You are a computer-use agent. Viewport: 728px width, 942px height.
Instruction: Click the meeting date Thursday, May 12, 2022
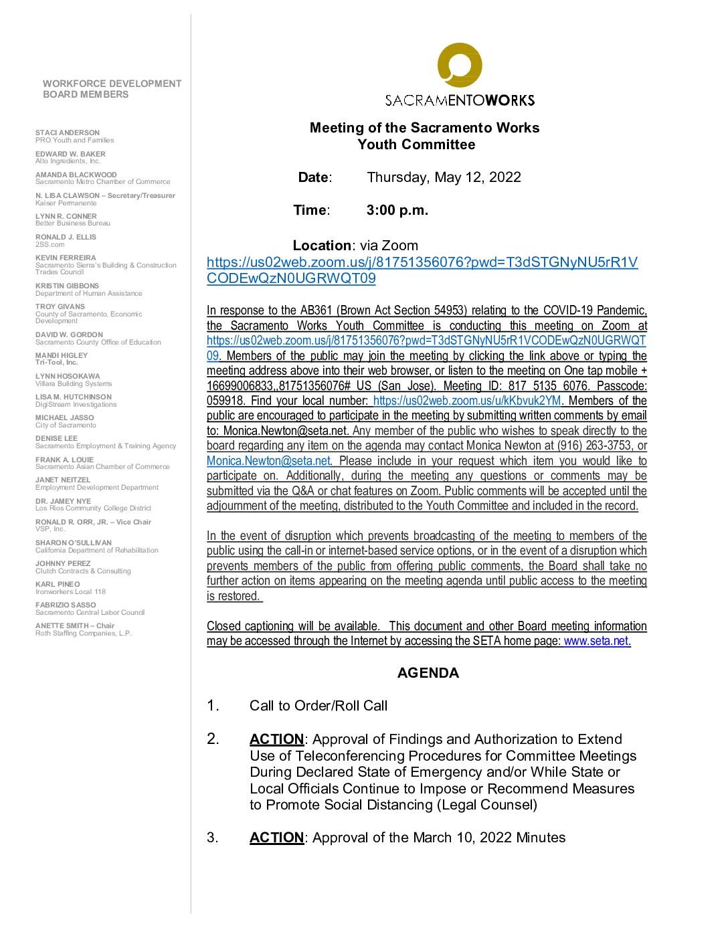(x=444, y=177)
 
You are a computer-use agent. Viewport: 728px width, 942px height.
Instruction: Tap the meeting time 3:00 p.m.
(x=397, y=210)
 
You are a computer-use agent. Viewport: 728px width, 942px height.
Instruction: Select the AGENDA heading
(x=428, y=673)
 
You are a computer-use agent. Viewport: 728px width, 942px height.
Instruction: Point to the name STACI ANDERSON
(x=68, y=132)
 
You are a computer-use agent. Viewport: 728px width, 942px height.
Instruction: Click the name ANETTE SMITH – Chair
(x=75, y=626)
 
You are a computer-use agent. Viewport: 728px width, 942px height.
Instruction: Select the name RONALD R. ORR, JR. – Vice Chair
(x=93, y=522)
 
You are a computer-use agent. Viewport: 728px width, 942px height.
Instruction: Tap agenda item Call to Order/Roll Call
(x=318, y=706)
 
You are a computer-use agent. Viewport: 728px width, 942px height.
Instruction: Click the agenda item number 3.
(x=212, y=838)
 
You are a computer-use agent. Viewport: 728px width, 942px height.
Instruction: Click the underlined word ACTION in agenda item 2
(x=276, y=739)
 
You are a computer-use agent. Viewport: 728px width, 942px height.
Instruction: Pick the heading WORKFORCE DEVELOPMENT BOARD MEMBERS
(x=112, y=89)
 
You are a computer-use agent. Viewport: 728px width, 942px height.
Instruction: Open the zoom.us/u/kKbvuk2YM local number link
(x=467, y=401)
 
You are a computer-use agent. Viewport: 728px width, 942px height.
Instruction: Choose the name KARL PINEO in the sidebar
(x=58, y=584)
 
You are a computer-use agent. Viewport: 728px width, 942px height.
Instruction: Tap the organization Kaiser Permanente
(x=66, y=203)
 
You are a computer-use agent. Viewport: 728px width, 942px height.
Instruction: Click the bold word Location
(x=321, y=246)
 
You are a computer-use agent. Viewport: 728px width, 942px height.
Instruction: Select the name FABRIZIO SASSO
(x=66, y=605)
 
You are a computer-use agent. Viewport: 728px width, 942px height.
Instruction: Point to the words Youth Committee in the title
(x=416, y=145)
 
